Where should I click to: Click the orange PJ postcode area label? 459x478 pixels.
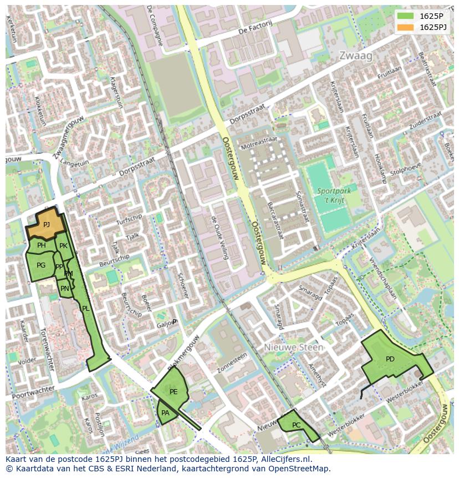[x=47, y=225]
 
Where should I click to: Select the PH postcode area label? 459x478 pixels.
[x=42, y=245]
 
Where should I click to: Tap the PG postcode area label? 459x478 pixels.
[x=41, y=265]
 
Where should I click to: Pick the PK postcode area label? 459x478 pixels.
[x=63, y=246]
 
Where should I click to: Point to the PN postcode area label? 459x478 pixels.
[x=65, y=289]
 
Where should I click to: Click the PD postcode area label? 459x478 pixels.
[x=390, y=359]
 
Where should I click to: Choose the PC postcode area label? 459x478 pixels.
[x=296, y=425]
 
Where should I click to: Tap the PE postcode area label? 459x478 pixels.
[x=174, y=392]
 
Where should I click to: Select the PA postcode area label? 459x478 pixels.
[x=165, y=413]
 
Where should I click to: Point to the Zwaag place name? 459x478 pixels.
[x=355, y=56]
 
